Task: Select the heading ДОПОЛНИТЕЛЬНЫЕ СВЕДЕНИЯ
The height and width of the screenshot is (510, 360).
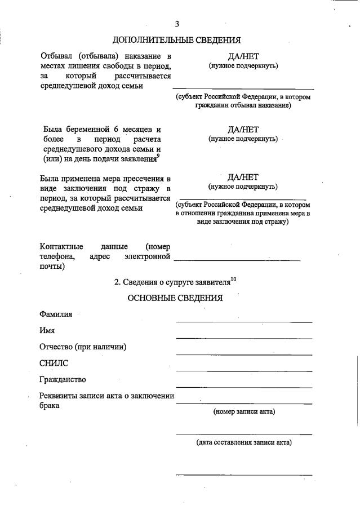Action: pyautogui.click(x=176, y=40)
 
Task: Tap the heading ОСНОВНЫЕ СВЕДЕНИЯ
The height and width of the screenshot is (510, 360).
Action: pyautogui.click(x=175, y=298)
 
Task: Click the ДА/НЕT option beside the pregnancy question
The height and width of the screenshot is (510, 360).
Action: pyautogui.click(x=243, y=129)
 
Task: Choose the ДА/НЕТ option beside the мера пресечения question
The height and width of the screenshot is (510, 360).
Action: pyautogui.click(x=243, y=177)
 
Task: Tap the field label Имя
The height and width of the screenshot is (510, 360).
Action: pyautogui.click(x=47, y=331)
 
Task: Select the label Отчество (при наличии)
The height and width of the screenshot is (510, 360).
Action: pyautogui.click(x=82, y=347)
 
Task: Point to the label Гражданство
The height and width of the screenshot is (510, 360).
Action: pyautogui.click(x=63, y=380)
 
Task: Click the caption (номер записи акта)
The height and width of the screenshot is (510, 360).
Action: pyautogui.click(x=244, y=412)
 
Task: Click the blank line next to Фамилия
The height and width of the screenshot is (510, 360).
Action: pyautogui.click(x=244, y=321)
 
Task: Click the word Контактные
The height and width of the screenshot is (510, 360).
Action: pyautogui.click(x=61, y=246)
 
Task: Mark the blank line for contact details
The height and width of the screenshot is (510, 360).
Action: pyautogui.click(x=237, y=259)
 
